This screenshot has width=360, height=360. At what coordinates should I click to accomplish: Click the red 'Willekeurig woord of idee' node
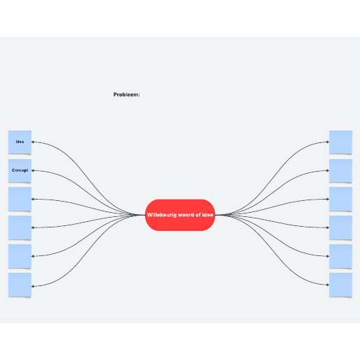pos(180,215)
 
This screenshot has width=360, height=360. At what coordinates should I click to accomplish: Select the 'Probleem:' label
pos(126,95)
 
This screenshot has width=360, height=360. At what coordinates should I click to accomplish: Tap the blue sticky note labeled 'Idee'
pos(20,142)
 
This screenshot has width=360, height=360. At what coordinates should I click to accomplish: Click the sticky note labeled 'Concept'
pos(20,171)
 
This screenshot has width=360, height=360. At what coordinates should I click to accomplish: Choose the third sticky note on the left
pos(20,199)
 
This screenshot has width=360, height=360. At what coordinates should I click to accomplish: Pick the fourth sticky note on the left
pos(20,227)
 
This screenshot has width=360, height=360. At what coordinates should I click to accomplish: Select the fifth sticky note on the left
pos(20,256)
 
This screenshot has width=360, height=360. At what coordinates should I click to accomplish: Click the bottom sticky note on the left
pos(20,285)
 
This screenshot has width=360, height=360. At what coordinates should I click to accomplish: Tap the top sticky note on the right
pos(340,142)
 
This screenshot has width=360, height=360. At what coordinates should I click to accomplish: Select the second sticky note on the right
pos(340,171)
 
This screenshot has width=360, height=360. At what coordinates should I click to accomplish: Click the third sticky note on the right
pos(340,199)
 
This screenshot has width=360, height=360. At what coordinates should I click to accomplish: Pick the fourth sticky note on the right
pos(340,227)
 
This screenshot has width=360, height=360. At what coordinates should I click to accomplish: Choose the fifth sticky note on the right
pos(340,256)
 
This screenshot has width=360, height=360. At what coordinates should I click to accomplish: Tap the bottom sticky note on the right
pos(340,285)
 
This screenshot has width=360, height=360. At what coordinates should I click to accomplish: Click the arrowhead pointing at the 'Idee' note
pos(33,142)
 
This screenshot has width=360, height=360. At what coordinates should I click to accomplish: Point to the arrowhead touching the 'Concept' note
pos(33,170)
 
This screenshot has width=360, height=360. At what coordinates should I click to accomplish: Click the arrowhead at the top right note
pos(328,142)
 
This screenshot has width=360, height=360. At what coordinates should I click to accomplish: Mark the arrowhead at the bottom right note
pos(328,285)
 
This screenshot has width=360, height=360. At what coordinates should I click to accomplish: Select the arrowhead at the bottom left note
pos(33,286)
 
